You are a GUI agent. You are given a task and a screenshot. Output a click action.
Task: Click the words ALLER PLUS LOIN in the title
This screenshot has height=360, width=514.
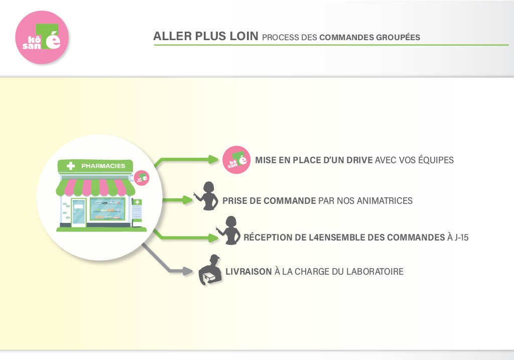[206, 37]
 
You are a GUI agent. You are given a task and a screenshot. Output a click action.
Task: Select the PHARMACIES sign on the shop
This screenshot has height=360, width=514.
[103, 166]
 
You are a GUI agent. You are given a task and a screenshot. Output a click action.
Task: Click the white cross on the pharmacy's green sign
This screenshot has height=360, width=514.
[71, 166]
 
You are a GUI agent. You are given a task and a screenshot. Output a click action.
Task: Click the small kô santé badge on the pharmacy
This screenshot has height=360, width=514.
[142, 178]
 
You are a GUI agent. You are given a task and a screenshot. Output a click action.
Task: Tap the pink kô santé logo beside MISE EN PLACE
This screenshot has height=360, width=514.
[235, 160]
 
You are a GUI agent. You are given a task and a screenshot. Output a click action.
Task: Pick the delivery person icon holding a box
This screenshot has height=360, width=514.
[211, 271]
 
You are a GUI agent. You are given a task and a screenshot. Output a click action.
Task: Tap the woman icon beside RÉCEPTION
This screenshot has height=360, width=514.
[229, 230]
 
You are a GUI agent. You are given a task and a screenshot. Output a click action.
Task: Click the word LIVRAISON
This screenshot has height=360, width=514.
[248, 272]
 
